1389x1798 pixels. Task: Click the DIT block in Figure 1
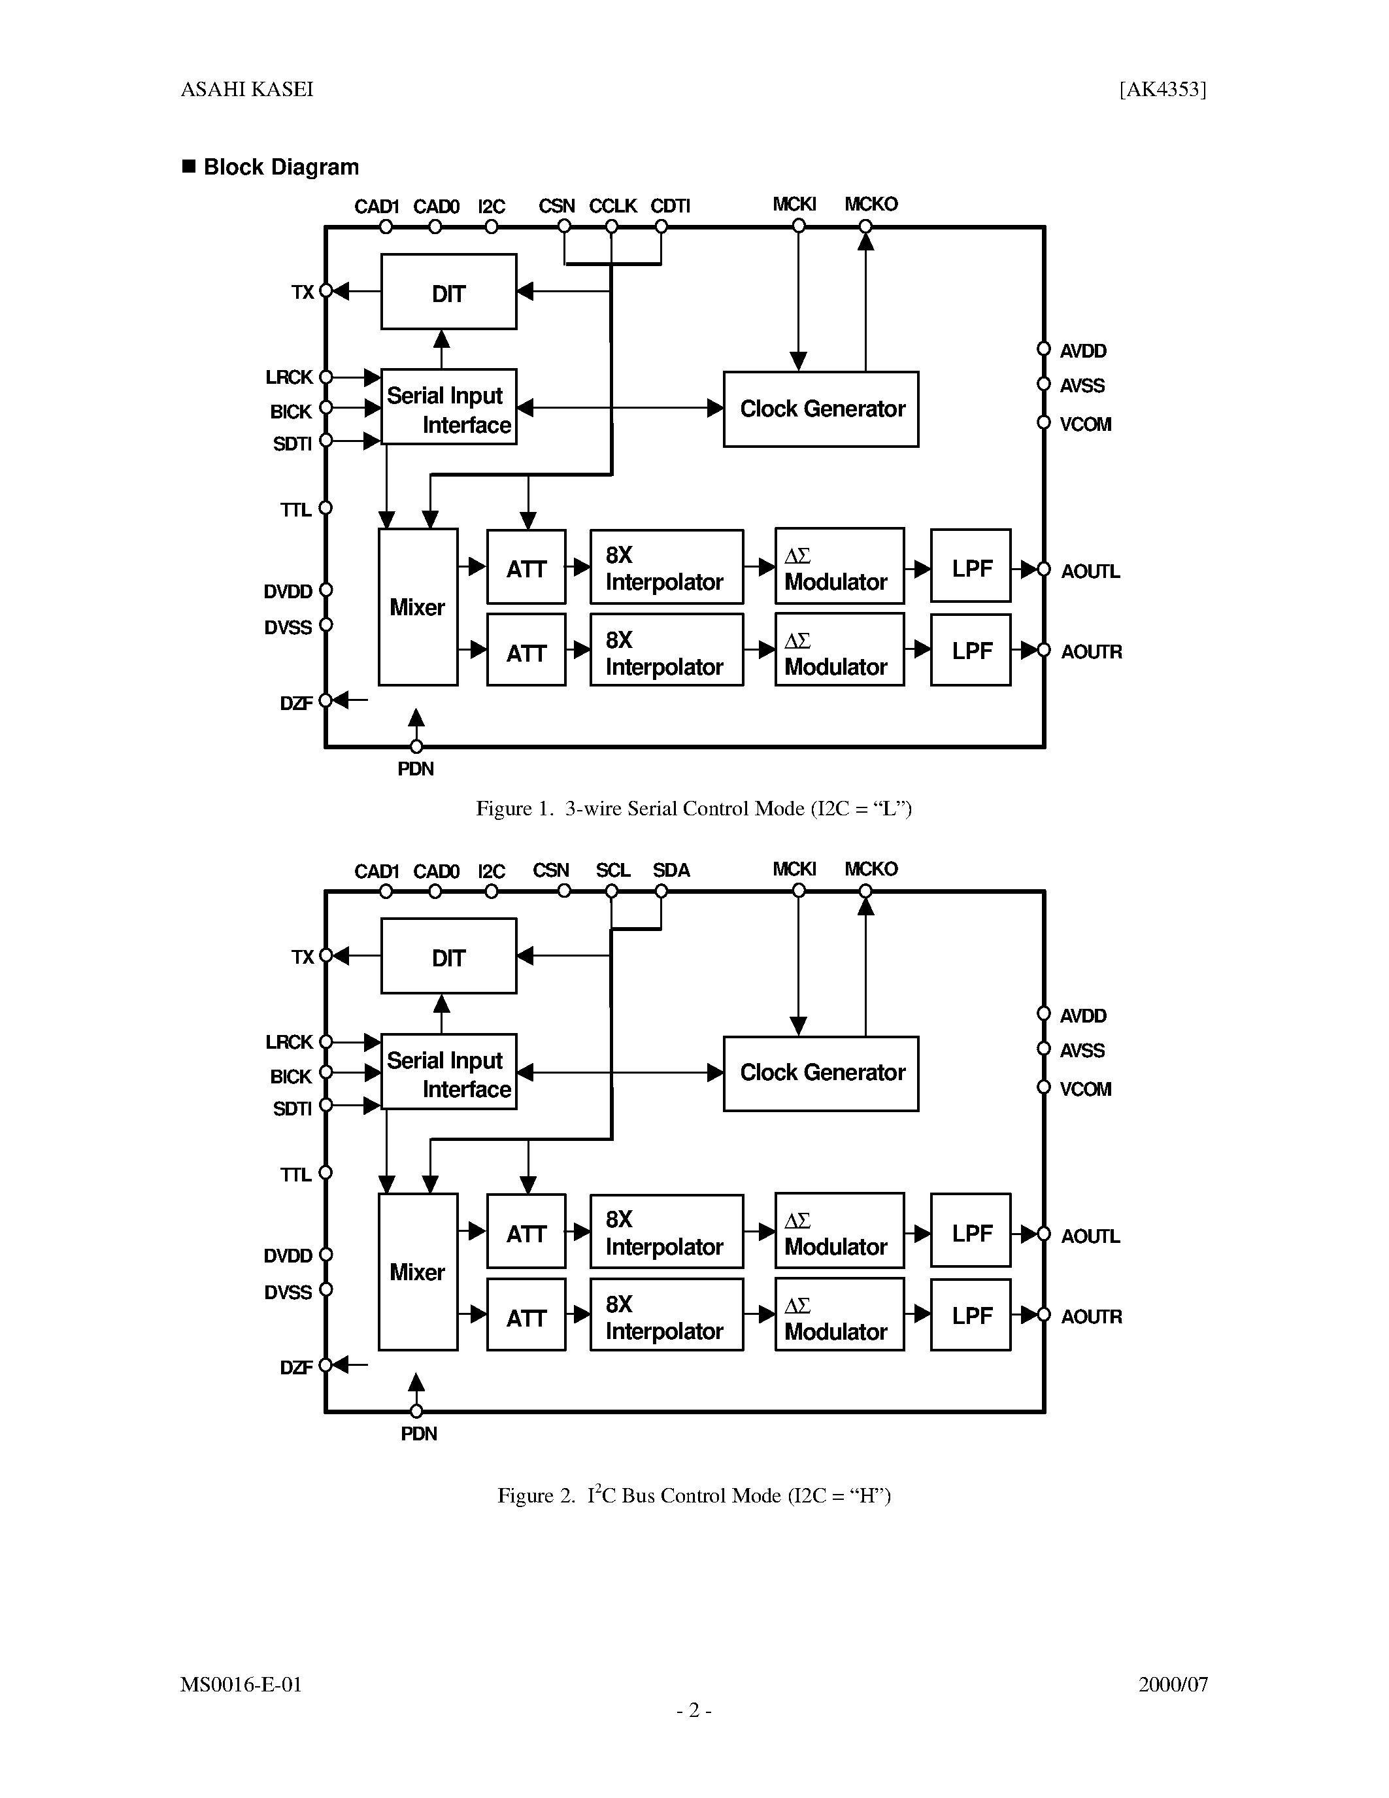coord(448,292)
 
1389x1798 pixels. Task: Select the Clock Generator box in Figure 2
coord(820,1073)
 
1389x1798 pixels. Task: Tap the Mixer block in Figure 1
coord(417,607)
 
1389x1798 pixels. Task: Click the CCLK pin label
coord(612,206)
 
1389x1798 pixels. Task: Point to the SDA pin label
coord(671,870)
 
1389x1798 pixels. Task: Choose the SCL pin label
coord(612,870)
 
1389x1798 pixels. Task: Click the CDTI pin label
coord(670,206)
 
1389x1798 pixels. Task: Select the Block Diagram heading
coord(280,167)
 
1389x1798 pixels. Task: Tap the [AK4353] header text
coord(1162,90)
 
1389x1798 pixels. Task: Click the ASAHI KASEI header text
coord(247,90)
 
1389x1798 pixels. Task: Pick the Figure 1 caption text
coord(694,808)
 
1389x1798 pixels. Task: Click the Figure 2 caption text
coord(694,1496)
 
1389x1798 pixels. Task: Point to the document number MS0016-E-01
coord(241,1685)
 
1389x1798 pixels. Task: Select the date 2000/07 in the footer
coord(1173,1685)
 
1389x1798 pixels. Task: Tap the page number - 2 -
coord(694,1711)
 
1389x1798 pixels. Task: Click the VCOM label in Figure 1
coord(1084,425)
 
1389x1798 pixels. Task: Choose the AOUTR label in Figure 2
coord(1090,1316)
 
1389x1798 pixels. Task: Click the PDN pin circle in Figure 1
coord(416,747)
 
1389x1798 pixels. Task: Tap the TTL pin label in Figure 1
coord(295,511)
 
